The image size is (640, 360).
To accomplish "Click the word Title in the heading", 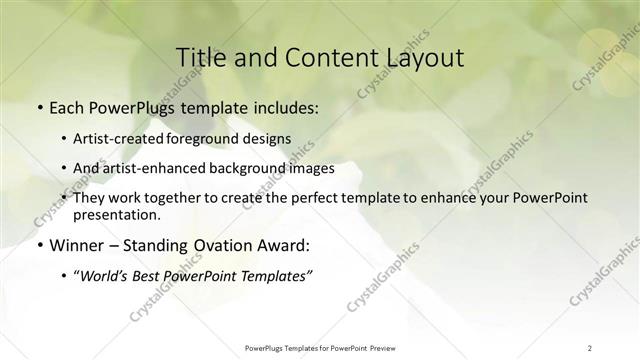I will (x=200, y=57).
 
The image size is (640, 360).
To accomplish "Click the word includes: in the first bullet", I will (x=284, y=106).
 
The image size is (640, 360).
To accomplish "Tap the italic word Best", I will (x=151, y=276).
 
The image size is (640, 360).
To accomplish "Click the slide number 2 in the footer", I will (x=590, y=347).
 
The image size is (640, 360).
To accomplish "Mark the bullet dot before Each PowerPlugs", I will (x=39, y=107).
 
